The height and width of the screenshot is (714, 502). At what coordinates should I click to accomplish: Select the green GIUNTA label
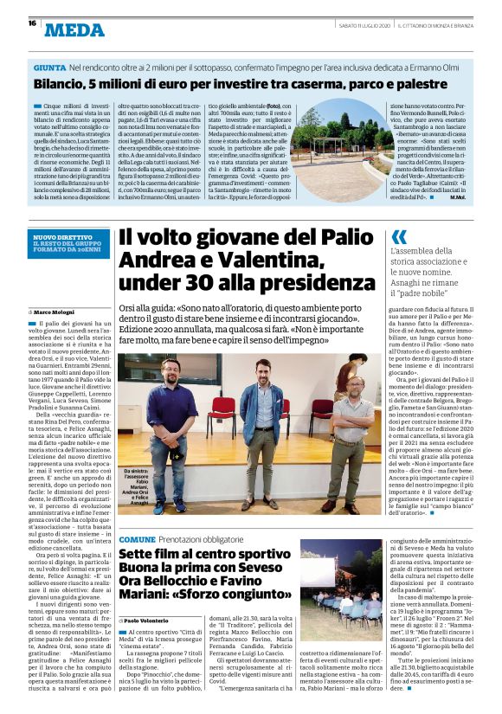pos(49,67)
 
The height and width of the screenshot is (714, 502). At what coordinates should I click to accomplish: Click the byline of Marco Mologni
pos(57,311)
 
